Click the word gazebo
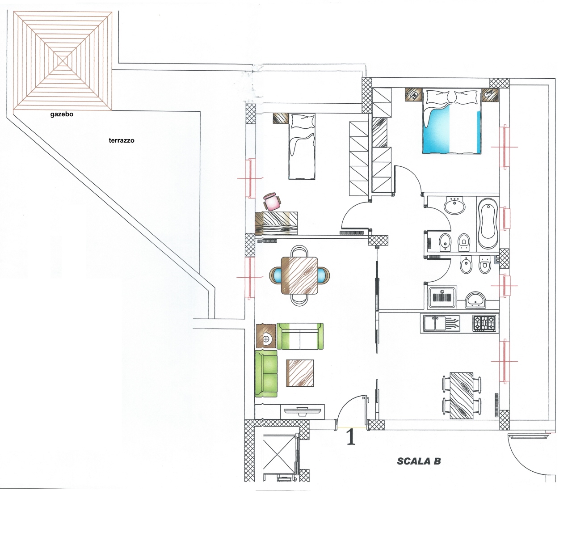pos(62,114)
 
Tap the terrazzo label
pos(122,140)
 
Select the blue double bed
pos(452,122)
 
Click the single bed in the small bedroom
pos(302,146)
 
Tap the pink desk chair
pos(272,202)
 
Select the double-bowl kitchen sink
pos(442,323)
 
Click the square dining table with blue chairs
pos(299,275)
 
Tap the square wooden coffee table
pos(299,373)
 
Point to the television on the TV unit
pos(303,411)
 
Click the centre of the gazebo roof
pos(62,61)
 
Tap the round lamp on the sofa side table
pos(266,338)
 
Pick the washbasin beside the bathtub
pos(454,205)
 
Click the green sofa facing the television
pos(300,336)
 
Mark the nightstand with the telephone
pos(414,95)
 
